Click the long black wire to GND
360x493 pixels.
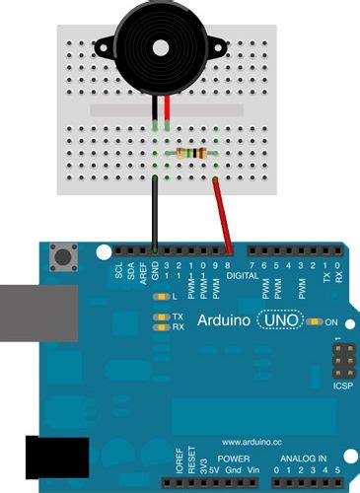pos(155,212)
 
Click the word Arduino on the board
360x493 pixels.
pos(223,320)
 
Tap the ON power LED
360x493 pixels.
pos(316,322)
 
